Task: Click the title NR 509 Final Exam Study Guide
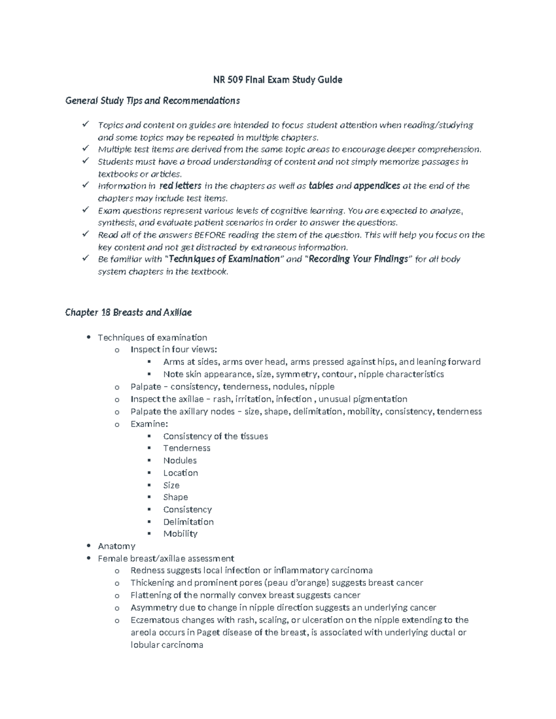click(x=278, y=80)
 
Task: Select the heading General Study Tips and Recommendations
click(x=152, y=100)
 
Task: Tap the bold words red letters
click(x=180, y=186)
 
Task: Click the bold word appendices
click(x=377, y=186)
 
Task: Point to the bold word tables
click(x=321, y=186)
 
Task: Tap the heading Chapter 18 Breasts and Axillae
click(x=128, y=313)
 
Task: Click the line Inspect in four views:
click(x=173, y=350)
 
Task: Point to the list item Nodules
click(x=180, y=461)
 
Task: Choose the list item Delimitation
click(x=188, y=522)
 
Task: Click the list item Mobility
click(x=180, y=534)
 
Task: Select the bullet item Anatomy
click(x=116, y=546)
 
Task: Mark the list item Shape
click(x=175, y=497)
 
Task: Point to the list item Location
click(x=180, y=473)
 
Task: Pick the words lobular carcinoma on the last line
click(x=167, y=645)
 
